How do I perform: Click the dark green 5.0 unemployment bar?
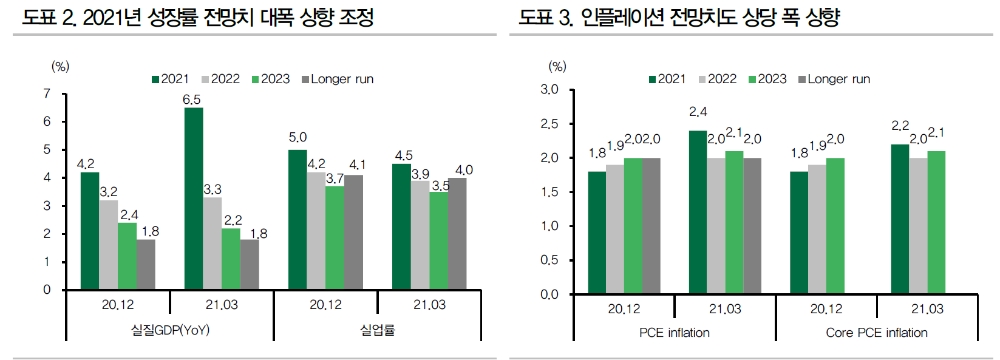[x=297, y=220]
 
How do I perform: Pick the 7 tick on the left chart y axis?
[x=47, y=94]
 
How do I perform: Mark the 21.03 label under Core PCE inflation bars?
[x=926, y=308]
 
